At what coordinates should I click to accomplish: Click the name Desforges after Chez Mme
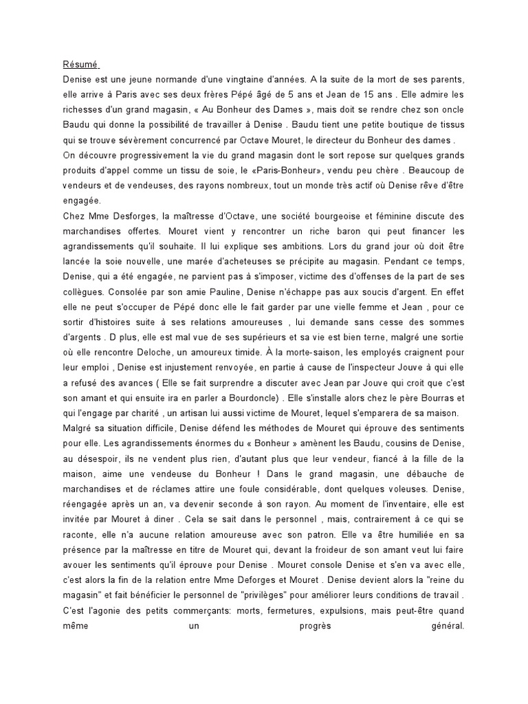(x=129, y=217)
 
